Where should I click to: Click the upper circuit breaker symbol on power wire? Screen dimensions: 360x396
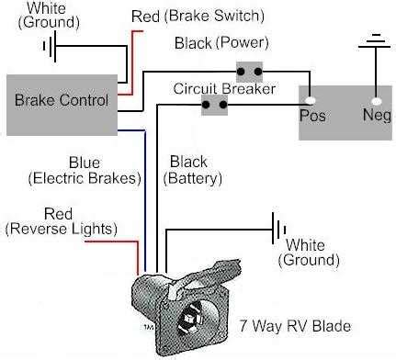click(x=249, y=70)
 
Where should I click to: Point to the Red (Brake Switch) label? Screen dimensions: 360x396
click(x=198, y=15)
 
